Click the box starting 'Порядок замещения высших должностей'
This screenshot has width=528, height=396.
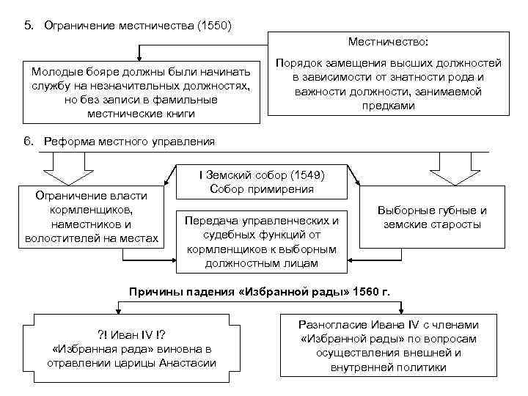pos(388,84)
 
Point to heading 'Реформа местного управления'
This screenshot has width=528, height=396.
pos(130,141)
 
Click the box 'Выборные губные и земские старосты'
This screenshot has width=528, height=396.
pos(432,217)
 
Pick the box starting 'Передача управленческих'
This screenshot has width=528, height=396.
pos(262,241)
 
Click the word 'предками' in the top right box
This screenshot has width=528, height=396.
pos(388,106)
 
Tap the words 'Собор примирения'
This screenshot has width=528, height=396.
pos(262,189)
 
